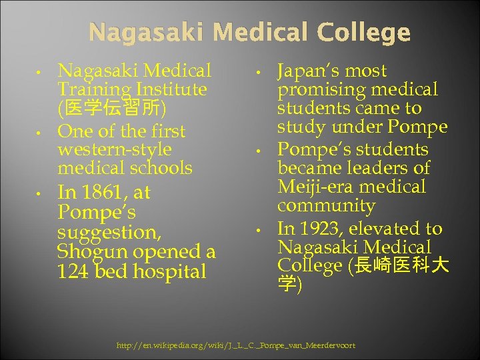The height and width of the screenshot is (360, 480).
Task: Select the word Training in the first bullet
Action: pyautogui.click(x=88, y=89)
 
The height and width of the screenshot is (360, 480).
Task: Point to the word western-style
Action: pyautogui.click(x=115, y=149)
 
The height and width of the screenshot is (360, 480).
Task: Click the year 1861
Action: pyautogui.click(x=106, y=193)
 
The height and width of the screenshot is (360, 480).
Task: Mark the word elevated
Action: pyautogui.click(x=389, y=229)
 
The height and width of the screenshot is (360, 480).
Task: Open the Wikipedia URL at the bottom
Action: pyautogui.click(x=236, y=345)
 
